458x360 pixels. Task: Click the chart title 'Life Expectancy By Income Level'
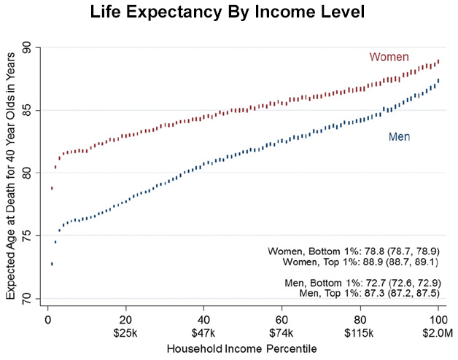point(229,12)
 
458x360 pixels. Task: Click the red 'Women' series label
point(389,57)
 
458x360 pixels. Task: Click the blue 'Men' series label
point(398,136)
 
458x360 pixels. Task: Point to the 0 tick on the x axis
point(47,319)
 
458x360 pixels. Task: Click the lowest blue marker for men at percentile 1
point(52,264)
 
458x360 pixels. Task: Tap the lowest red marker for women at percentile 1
point(52,188)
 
